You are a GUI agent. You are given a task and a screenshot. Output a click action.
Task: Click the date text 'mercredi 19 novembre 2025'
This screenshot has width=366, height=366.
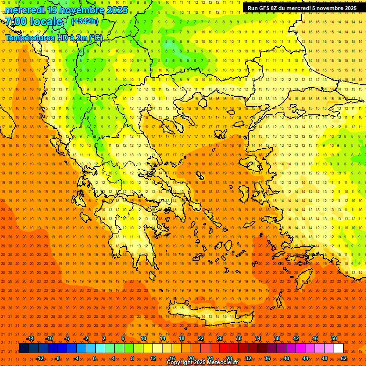[x=66, y=10]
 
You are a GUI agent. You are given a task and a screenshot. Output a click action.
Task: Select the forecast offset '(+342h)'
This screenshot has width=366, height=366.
[x=84, y=21]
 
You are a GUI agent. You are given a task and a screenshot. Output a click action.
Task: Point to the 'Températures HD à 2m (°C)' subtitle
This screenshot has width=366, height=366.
[x=53, y=38]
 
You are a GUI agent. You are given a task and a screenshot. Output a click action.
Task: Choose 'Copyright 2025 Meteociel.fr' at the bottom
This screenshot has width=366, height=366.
[x=203, y=363]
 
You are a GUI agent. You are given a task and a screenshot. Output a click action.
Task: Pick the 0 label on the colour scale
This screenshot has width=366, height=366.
[x=94, y=358]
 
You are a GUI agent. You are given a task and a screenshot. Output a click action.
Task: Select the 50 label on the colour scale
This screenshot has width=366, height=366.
[x=334, y=338]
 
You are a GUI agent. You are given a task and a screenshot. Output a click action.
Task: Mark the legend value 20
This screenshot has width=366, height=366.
[x=191, y=358]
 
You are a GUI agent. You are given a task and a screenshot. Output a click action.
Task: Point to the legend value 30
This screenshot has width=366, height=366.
[x=238, y=338]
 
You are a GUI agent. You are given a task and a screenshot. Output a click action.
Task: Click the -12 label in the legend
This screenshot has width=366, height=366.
[x=40, y=358]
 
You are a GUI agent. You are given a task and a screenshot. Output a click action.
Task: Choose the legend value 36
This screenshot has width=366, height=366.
[x=267, y=358]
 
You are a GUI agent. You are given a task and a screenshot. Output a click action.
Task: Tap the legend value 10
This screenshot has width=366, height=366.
[x=143, y=338]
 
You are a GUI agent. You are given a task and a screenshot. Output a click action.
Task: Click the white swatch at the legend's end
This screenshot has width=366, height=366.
[x=339, y=348]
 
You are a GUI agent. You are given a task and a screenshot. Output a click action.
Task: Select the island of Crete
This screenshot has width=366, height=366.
[x=210, y=313]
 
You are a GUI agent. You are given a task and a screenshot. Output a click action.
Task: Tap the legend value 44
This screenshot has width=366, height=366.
[x=305, y=358]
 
